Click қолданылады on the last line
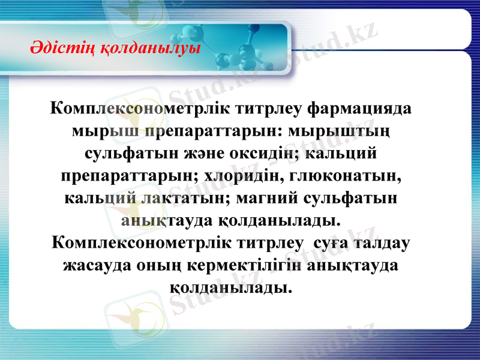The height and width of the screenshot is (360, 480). (x=232, y=287)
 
